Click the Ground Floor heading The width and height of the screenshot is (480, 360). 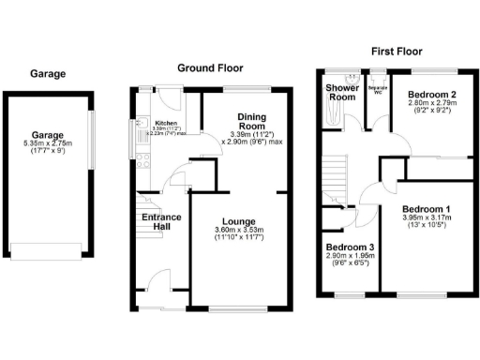pyautogui.click(x=211, y=68)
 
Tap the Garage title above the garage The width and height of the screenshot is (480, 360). pyautogui.click(x=47, y=73)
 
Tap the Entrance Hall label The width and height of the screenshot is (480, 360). pyautogui.click(x=161, y=222)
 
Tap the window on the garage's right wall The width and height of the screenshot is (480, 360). pyautogui.click(x=91, y=141)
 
